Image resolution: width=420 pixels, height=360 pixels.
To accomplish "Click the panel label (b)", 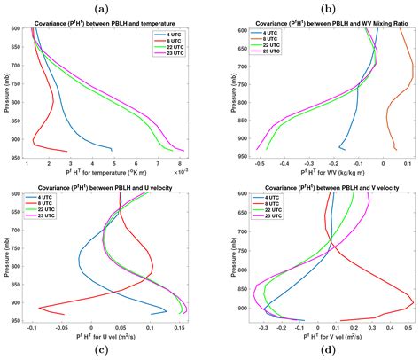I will click(323, 7).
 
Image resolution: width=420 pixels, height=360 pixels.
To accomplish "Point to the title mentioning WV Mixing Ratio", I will click(323, 21).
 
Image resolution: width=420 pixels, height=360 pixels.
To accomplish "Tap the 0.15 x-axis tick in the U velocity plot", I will click(180, 329).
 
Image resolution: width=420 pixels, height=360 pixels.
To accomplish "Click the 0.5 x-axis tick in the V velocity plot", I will click(409, 329).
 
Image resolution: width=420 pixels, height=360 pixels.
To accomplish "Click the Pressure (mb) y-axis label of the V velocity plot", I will click(227, 257).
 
